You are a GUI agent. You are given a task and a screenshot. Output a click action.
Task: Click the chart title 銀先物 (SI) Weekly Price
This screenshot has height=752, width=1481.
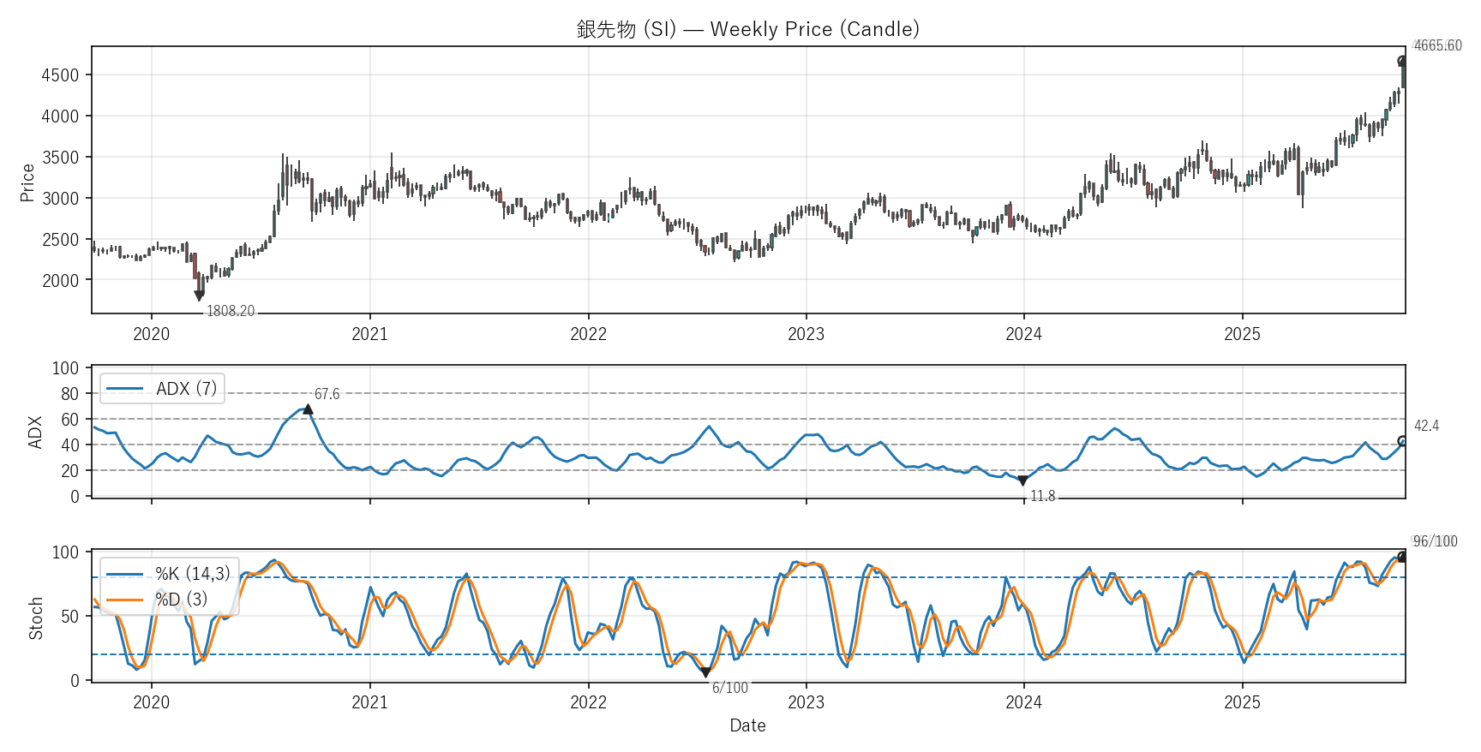tap(747, 29)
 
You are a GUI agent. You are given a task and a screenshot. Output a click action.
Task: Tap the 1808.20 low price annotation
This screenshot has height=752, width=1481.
tap(231, 311)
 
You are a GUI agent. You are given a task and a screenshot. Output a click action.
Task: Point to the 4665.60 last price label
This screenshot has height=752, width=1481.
tap(1437, 45)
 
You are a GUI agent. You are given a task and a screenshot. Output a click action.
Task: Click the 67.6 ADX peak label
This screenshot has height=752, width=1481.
tap(327, 394)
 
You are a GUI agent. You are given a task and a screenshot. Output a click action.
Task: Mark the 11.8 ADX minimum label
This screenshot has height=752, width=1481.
tap(1042, 496)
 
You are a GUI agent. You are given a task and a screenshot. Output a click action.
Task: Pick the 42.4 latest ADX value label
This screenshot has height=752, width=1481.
tap(1426, 426)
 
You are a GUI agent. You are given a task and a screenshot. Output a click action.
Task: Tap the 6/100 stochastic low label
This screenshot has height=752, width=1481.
tap(730, 688)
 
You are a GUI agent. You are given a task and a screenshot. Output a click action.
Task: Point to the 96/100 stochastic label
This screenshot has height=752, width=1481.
tap(1435, 541)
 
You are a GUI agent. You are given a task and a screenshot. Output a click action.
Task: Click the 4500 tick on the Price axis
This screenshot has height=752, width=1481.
tap(60, 75)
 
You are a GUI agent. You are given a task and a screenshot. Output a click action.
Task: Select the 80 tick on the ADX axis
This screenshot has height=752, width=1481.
tap(69, 394)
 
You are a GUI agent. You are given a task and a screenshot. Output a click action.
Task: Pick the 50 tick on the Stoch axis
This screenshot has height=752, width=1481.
tap(69, 616)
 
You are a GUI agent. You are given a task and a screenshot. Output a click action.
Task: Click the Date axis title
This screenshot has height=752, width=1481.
tap(747, 725)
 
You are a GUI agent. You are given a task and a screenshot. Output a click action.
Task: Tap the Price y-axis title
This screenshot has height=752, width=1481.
tap(27, 182)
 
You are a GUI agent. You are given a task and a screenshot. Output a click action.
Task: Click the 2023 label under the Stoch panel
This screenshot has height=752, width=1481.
tap(806, 702)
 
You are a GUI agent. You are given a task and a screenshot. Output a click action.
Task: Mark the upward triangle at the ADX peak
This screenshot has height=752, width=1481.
tap(308, 409)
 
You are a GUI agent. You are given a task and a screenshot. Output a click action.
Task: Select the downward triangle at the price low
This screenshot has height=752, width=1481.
tap(199, 296)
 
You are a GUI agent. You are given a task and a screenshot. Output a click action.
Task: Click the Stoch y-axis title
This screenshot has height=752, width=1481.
tap(36, 618)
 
